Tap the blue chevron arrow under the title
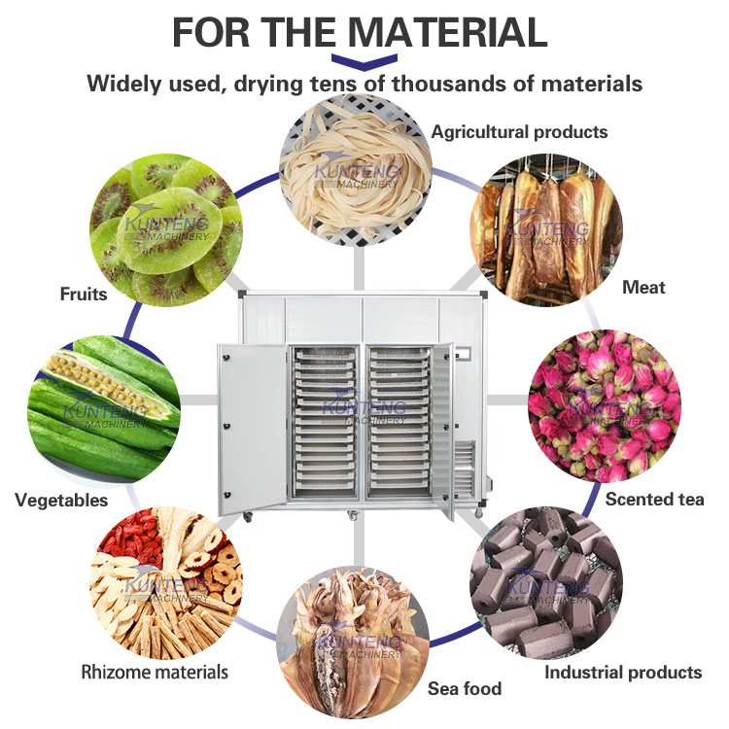(364, 61)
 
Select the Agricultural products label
(519, 131)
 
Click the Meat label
(643, 287)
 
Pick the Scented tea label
(654, 499)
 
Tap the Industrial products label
(622, 672)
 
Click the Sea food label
(465, 688)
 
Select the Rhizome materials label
(155, 672)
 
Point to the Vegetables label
(61, 501)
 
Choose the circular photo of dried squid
(355, 646)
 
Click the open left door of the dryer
(252, 428)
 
